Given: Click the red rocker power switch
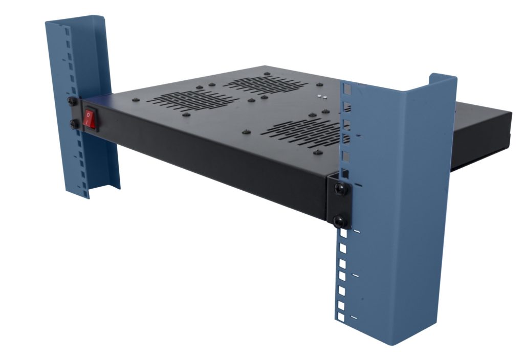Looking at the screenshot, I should pos(91,119).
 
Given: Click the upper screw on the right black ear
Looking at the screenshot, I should pos(340,189).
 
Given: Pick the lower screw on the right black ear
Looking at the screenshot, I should pos(340,222).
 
